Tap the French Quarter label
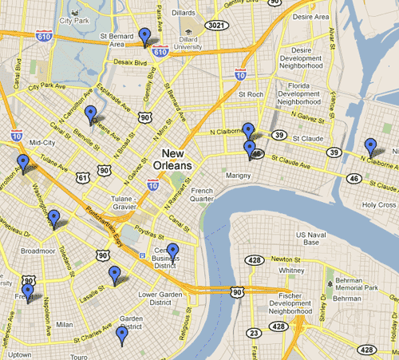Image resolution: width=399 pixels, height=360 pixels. tap(201, 196)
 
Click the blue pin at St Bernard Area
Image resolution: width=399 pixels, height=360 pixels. tap(144, 36)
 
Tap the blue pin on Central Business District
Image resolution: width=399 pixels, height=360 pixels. tap(172, 252)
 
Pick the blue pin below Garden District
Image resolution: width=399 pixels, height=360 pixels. tap(122, 335)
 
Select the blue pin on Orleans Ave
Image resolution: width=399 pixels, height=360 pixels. tap(91, 115)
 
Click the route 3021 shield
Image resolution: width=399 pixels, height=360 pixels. tap(213, 26)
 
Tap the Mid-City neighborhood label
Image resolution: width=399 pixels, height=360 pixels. tap(41, 144)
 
